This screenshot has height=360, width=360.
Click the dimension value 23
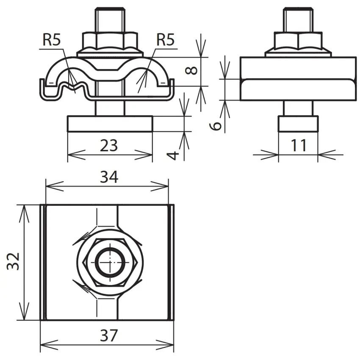(x=108, y=145)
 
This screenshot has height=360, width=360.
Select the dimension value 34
(x=109, y=177)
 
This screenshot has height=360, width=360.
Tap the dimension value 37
(x=109, y=335)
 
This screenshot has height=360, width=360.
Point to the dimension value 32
(x=13, y=261)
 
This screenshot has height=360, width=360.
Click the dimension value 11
(x=298, y=145)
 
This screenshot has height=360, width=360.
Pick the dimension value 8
(x=191, y=70)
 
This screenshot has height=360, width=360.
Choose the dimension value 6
(x=216, y=126)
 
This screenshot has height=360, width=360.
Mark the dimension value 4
(x=173, y=155)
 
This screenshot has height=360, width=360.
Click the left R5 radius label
(x=52, y=39)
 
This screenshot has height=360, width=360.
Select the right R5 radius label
(x=165, y=39)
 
